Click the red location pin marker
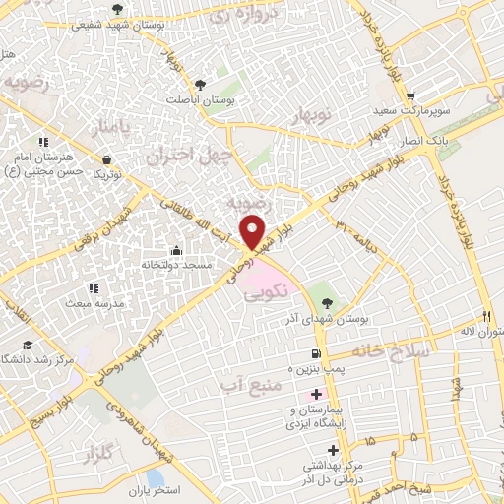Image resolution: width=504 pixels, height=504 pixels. pyautogui.click(x=254, y=232)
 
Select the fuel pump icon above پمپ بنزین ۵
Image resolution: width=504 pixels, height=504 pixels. pyautogui.click(x=315, y=353)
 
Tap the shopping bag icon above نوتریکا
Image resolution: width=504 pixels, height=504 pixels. pyautogui.click(x=105, y=158)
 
